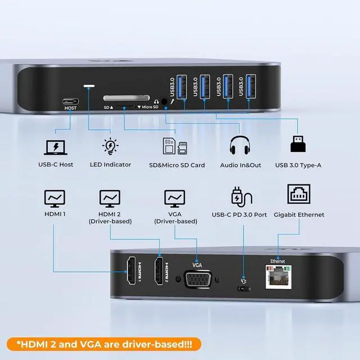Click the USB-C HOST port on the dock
[70, 102]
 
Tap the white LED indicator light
[89, 87]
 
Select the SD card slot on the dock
[127, 97]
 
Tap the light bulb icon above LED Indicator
[110, 146]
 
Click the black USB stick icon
[298, 144]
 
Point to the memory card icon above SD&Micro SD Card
[174, 146]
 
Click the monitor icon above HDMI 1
[55, 198]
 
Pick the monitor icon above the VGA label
[174, 198]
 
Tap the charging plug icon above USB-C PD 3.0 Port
[239, 197]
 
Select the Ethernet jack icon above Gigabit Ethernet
[299, 195]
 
